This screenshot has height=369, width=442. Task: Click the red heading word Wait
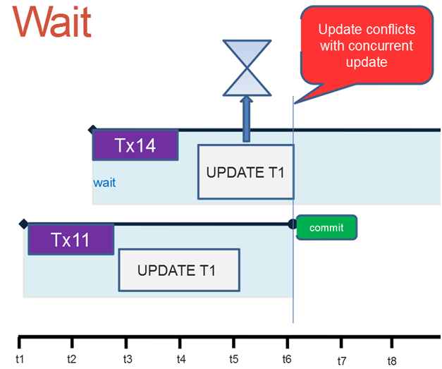tap(52, 21)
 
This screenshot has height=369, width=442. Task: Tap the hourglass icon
tap(247, 68)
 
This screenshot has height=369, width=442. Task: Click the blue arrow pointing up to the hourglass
tap(246, 119)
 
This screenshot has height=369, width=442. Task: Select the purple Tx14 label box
tap(135, 145)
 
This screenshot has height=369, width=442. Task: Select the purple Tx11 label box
tap(71, 239)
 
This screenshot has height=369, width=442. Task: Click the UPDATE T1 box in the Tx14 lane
tap(246, 172)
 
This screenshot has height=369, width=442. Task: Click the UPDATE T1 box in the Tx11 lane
tap(179, 270)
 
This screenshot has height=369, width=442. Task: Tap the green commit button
tap(326, 227)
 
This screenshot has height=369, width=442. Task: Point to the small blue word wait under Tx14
tap(104, 183)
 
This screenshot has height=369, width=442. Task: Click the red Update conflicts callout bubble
tap(367, 45)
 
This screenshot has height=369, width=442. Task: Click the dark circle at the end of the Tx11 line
tap(293, 224)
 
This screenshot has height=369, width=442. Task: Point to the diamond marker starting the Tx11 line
tap(24, 224)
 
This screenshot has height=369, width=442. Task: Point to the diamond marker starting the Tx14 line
tap(92, 130)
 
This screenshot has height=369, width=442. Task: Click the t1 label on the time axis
tap(20, 359)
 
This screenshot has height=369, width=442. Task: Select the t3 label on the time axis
tap(128, 359)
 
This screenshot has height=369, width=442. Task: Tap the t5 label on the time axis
tap(233, 359)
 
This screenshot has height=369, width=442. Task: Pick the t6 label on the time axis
tap(287, 359)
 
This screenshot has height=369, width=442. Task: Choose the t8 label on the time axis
tap(392, 361)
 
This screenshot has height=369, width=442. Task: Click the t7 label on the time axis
tap(342, 361)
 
